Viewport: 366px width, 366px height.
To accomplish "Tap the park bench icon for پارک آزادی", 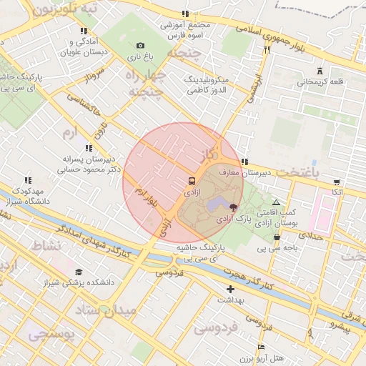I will pyautogui.click(x=234, y=207).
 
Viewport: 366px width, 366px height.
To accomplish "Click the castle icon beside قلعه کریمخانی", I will pyautogui.click(x=320, y=71).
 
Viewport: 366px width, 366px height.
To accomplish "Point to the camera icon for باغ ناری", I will pyautogui.click(x=139, y=45).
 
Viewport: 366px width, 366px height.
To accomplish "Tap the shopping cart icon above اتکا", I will pyautogui.click(x=337, y=182).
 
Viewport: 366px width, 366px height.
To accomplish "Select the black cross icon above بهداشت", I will pyautogui.click(x=230, y=288).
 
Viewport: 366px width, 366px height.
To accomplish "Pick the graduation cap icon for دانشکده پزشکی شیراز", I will pyautogui.click(x=78, y=272).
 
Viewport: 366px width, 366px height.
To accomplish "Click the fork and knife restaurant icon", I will pyautogui.click(x=267, y=50).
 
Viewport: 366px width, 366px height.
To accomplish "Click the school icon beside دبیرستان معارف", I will pyautogui.click(x=244, y=162).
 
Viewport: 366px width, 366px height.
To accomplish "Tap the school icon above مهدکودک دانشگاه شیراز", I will pyautogui.click(x=28, y=181).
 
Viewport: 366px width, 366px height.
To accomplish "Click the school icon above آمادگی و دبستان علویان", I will pyautogui.click(x=84, y=31).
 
